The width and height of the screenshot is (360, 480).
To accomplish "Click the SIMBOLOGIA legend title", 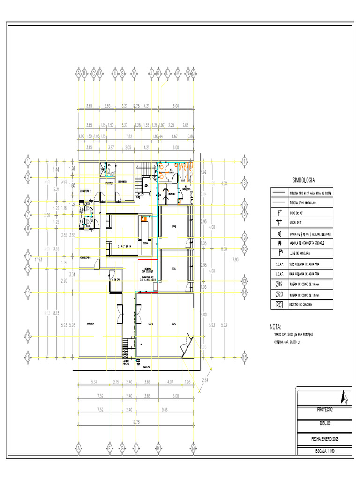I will pos(303,180).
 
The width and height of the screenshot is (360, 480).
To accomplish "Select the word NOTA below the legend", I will pos(277,326).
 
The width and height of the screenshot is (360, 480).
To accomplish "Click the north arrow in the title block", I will pos(345,397).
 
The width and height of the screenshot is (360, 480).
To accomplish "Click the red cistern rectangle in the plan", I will pos(149,275).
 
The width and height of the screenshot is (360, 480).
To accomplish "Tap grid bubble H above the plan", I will pos(134,73).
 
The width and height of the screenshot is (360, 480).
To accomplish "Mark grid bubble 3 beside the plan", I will pos(244,183).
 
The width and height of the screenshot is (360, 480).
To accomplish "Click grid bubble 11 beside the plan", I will pos(28,256).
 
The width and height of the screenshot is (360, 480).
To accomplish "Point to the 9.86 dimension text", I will pos(165,409).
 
